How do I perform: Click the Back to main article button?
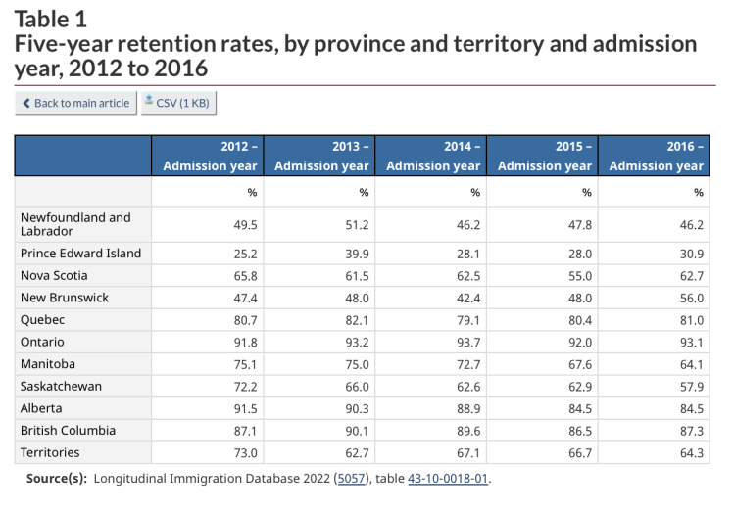click(75, 103)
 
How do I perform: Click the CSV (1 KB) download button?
click(177, 103)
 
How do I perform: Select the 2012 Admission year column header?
click(208, 156)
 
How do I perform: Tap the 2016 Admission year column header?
click(655, 156)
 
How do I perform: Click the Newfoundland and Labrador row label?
click(75, 224)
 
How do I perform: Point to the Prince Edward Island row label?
click(80, 254)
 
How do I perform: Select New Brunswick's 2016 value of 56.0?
click(690, 298)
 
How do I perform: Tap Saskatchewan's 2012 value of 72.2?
click(244, 386)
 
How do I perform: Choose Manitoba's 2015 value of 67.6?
click(579, 364)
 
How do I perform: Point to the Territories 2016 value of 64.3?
click(690, 453)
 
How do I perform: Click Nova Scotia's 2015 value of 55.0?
click(579, 276)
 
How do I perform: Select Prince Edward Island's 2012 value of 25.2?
click(244, 254)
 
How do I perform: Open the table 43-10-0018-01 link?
click(448, 479)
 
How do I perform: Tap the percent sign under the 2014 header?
click(475, 192)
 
